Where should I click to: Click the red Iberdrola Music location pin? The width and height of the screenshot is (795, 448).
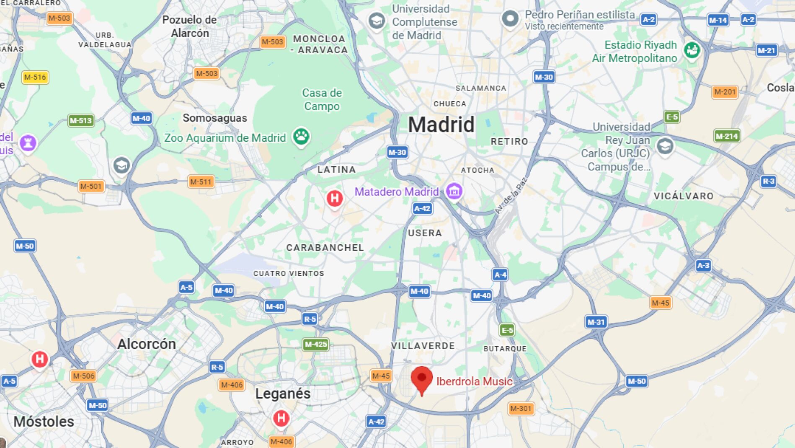[x=421, y=378]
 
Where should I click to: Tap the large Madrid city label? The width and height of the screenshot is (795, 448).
[x=441, y=125]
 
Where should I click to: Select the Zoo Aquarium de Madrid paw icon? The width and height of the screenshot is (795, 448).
[x=301, y=137]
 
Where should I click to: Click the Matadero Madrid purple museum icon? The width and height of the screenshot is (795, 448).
[x=454, y=191]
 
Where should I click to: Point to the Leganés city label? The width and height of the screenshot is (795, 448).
[x=283, y=394]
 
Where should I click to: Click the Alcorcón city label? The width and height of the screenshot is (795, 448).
[x=147, y=344]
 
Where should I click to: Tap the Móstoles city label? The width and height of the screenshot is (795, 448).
[x=44, y=421]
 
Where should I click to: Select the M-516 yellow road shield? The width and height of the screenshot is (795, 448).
[x=35, y=77]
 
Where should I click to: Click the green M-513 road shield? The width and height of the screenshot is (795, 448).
[x=80, y=121]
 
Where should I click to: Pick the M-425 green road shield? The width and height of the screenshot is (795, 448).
[x=315, y=344]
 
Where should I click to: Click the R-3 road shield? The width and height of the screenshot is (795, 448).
[x=768, y=181]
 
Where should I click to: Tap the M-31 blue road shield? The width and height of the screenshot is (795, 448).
[x=596, y=322]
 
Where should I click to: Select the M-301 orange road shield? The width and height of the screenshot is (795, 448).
[x=521, y=408]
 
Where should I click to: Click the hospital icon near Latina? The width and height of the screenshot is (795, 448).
[x=335, y=198]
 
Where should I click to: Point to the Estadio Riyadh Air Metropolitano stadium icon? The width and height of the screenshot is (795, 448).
[x=692, y=50]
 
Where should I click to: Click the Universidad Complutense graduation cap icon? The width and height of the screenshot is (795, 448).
[x=376, y=20]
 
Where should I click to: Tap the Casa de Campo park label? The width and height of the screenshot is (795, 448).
[x=322, y=99]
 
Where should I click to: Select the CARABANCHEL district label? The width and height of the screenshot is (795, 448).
[x=325, y=248]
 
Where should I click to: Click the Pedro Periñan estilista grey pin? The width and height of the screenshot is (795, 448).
[x=510, y=18]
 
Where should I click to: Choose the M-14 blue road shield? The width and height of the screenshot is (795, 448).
[x=718, y=20]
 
